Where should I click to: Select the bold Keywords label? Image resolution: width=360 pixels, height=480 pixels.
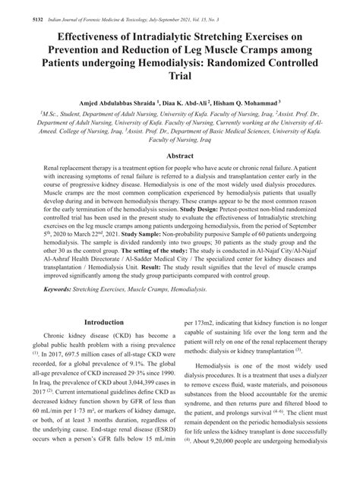tap(62, 310)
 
